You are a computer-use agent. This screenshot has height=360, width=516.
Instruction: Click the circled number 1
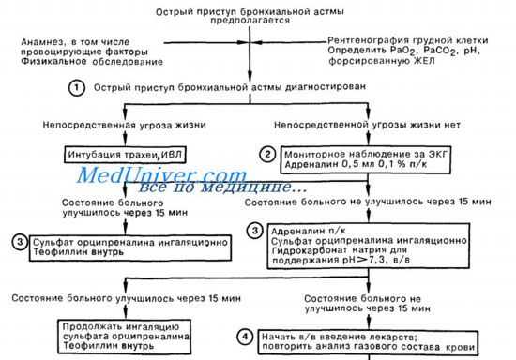pyautogui.click(x=75, y=87)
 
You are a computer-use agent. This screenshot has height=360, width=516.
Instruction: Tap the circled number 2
pyautogui.click(x=267, y=155)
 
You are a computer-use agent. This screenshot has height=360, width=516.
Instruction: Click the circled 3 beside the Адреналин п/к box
pyautogui.click(x=253, y=230)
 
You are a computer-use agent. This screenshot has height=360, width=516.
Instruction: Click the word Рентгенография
pyautogui.click(x=372, y=40)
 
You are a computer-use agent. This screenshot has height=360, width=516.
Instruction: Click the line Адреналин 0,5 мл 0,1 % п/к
pyautogui.click(x=344, y=164)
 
